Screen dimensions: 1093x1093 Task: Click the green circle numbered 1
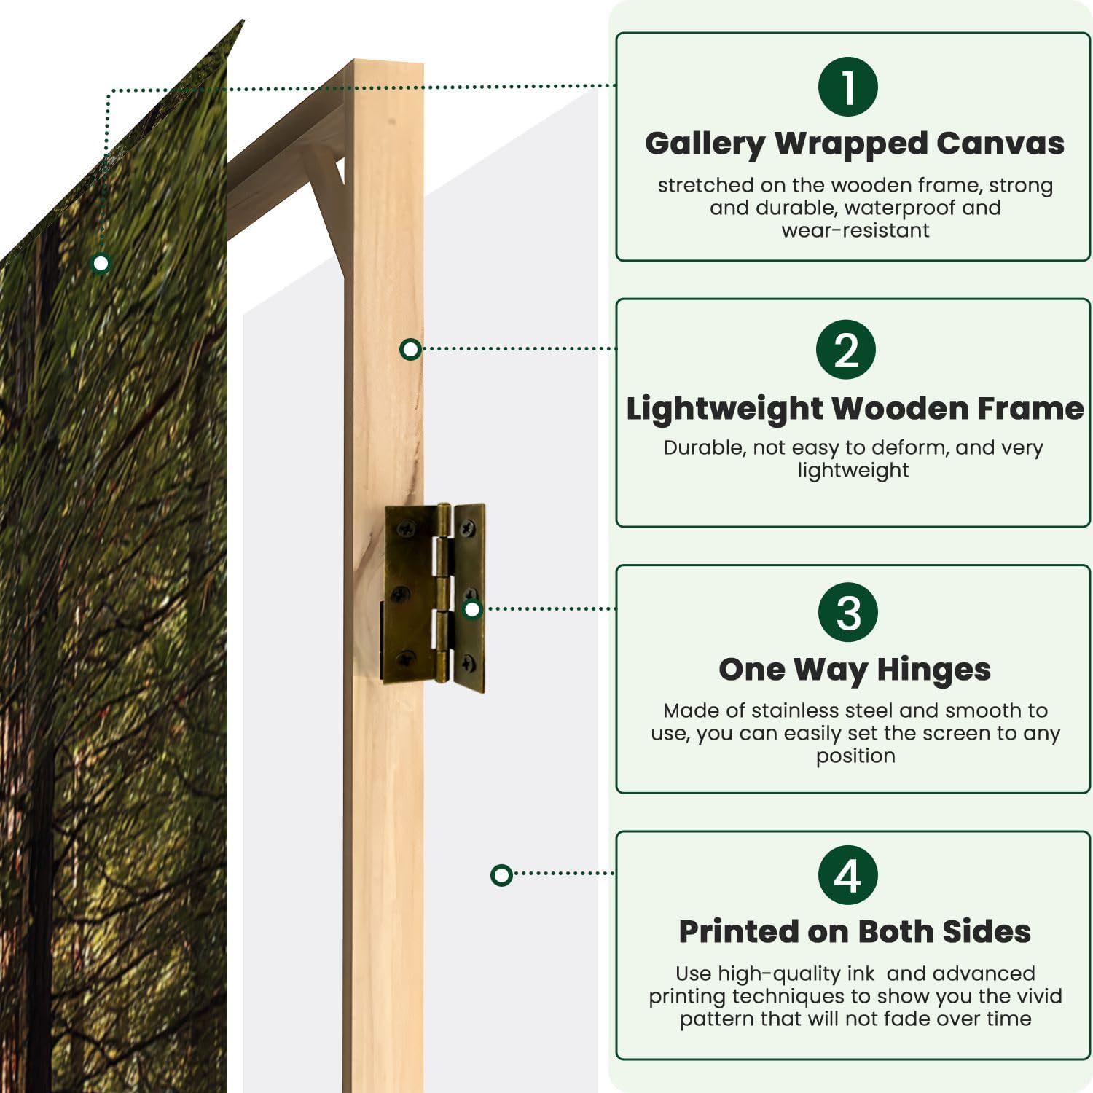point(848,87)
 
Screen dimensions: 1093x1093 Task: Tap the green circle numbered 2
point(846,349)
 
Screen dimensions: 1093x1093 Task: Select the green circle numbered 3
point(848,612)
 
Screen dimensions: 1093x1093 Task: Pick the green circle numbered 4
point(847,875)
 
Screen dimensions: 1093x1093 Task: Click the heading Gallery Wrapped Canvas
point(855,144)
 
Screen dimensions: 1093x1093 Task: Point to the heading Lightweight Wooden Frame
point(855,409)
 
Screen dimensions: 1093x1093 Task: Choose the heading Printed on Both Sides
point(855,931)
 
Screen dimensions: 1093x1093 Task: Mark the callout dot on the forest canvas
point(101,263)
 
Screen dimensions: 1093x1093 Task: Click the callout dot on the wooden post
point(410,349)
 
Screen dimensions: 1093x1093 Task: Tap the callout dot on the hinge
point(472,608)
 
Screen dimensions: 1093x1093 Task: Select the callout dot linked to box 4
point(501,874)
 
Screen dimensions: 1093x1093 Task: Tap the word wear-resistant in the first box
point(855,230)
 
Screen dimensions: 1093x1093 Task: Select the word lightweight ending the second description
point(853,471)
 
